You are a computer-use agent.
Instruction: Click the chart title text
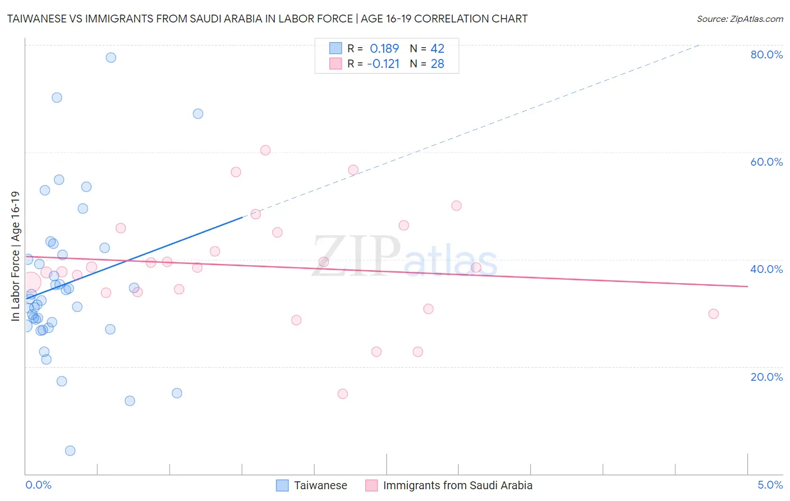click(267, 19)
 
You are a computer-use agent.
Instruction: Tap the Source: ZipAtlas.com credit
click(739, 19)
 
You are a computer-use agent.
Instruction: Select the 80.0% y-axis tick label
click(766, 54)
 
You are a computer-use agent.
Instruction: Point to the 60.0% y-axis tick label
click(766, 162)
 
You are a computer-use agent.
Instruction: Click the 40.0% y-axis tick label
click(766, 269)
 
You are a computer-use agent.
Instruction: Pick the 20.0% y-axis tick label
click(766, 377)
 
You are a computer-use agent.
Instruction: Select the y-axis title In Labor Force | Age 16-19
click(16, 256)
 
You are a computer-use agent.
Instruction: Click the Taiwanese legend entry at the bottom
click(320, 485)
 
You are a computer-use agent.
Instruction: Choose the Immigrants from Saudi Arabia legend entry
click(457, 485)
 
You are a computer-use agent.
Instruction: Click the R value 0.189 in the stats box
click(384, 49)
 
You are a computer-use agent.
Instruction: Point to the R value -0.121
click(383, 64)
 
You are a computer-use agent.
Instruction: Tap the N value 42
click(437, 49)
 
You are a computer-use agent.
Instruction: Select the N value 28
click(437, 64)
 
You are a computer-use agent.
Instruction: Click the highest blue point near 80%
click(111, 57)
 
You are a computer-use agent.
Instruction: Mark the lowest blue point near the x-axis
click(70, 450)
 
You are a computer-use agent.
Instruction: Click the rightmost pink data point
click(714, 314)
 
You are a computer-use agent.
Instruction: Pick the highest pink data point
click(266, 150)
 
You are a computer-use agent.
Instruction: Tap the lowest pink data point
click(343, 394)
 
